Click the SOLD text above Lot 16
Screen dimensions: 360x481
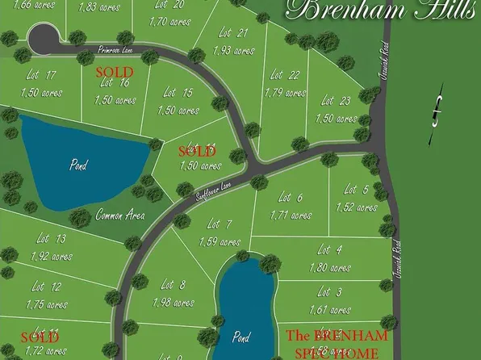(x=115, y=71)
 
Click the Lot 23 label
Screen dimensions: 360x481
(x=335, y=101)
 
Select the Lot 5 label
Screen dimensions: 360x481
(x=356, y=190)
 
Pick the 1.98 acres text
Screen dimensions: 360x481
(x=173, y=303)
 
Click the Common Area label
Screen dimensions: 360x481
(x=119, y=215)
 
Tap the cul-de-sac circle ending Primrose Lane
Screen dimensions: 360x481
(x=41, y=37)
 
